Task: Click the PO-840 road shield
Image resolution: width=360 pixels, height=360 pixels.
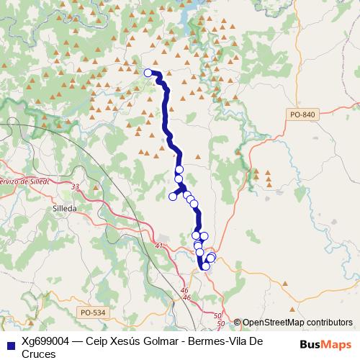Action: tap(305, 114)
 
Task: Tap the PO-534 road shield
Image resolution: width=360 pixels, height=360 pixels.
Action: tap(92, 312)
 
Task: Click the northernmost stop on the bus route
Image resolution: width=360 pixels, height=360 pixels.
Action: tap(148, 73)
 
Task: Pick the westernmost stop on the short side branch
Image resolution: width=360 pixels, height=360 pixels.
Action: tap(173, 197)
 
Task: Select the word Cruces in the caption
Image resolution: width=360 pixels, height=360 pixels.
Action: tap(39, 354)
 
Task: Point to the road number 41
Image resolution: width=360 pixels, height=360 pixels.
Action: tap(159, 247)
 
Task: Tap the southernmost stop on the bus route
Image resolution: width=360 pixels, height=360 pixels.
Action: tap(206, 266)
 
